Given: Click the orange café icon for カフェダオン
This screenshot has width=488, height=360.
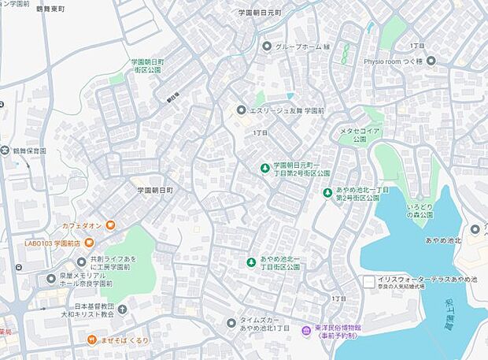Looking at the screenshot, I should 111,226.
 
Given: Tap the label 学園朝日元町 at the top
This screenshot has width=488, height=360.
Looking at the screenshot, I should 259,13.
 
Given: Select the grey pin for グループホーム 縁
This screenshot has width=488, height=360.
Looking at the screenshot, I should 267,46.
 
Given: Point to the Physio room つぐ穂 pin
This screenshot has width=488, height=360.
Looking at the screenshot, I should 431,61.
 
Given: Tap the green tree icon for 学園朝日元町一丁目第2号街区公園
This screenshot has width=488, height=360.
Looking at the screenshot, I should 265,166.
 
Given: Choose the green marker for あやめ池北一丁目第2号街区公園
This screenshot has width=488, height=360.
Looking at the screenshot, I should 327,192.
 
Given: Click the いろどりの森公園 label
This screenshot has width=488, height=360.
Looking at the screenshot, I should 420,214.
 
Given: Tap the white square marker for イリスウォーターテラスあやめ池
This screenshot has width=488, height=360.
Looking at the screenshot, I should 369,280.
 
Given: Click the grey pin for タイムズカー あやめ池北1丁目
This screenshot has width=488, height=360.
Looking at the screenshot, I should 231,322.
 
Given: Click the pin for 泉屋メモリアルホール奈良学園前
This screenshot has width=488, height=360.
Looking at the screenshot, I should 51,278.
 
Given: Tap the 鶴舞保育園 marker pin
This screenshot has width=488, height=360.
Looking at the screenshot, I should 6,150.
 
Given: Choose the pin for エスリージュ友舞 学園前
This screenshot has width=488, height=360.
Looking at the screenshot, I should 240,110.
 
